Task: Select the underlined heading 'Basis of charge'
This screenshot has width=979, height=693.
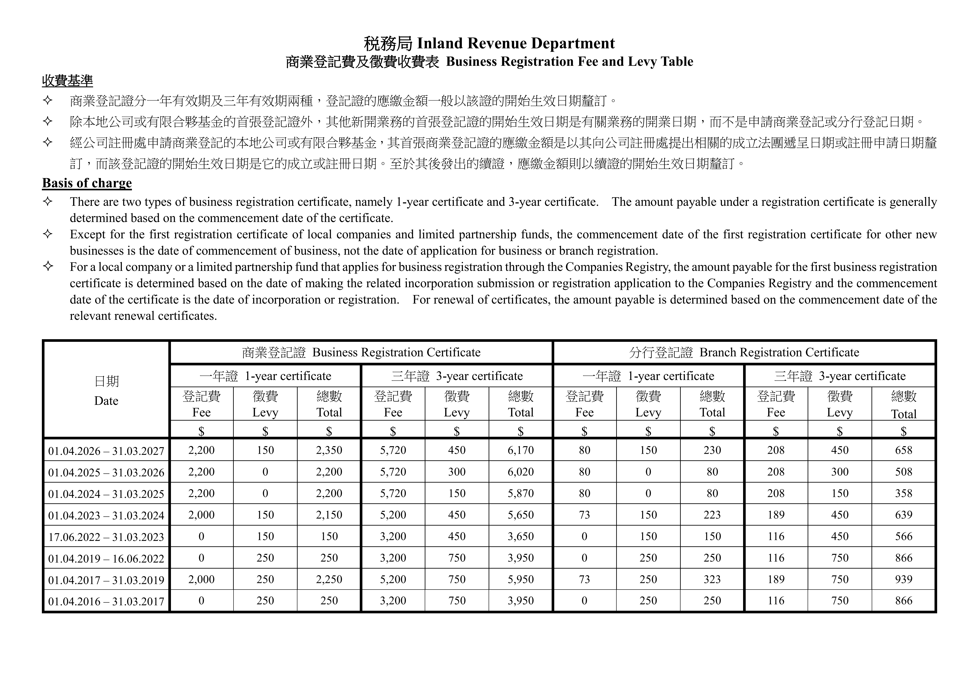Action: (87, 183)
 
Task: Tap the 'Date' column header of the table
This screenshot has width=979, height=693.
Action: (106, 401)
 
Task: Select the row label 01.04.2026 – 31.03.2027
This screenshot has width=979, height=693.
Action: (106, 451)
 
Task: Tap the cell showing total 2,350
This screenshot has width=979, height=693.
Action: (329, 450)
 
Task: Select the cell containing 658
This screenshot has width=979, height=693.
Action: (903, 450)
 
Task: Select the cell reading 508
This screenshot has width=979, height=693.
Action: (903, 472)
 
